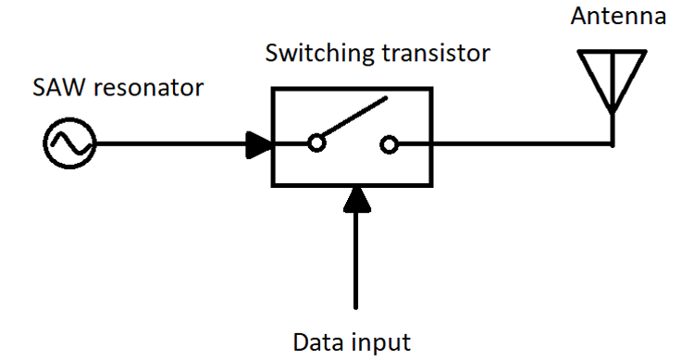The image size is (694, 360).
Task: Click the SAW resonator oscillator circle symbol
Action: [69, 144]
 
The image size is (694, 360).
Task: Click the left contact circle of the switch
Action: [316, 144]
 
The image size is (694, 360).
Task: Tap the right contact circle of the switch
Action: [390, 144]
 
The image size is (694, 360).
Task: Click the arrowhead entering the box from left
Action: [258, 144]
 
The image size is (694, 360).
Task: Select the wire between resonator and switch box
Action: [167, 144]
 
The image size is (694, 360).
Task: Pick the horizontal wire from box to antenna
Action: [518, 144]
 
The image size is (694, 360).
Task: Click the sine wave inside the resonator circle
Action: [69, 144]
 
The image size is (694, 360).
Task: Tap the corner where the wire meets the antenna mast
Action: [612, 144]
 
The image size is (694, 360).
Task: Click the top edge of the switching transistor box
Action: [352, 89]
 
